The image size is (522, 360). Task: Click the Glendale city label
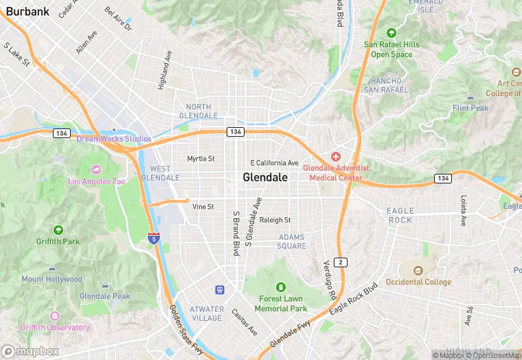(x=265, y=177)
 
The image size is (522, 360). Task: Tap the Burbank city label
(x=27, y=11)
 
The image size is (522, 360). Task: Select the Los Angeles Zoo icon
(x=95, y=170)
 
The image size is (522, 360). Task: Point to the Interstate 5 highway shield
(x=154, y=239)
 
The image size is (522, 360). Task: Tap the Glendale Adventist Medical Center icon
(x=336, y=157)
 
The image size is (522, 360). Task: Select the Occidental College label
(x=418, y=282)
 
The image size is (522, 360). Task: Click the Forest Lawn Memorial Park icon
(x=280, y=287)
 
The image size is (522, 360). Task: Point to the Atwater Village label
(x=207, y=313)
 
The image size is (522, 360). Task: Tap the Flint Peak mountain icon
(x=470, y=97)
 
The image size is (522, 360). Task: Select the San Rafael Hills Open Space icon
(x=391, y=33)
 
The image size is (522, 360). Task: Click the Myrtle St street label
(x=201, y=159)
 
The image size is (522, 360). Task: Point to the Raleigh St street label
(x=275, y=220)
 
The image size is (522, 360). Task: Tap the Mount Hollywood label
(x=52, y=280)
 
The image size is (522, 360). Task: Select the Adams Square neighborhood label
(x=292, y=241)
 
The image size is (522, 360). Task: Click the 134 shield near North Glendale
(x=236, y=131)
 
